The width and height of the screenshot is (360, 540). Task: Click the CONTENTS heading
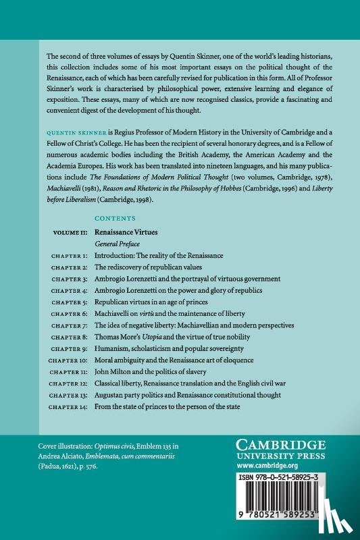(x=115, y=219)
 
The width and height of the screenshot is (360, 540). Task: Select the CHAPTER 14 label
(x=68, y=407)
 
